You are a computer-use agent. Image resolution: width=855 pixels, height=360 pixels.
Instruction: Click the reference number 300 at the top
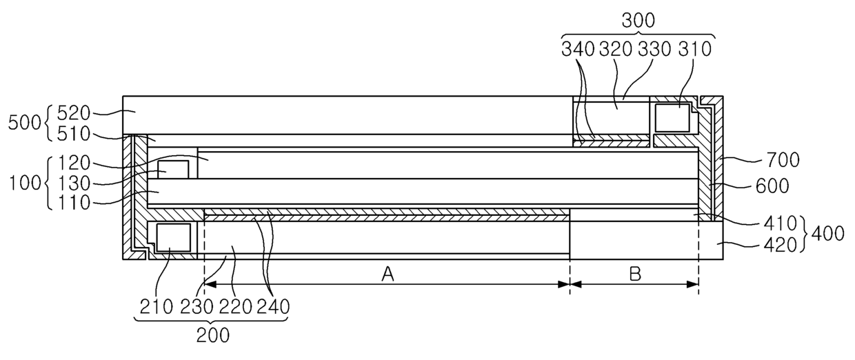click(x=638, y=21)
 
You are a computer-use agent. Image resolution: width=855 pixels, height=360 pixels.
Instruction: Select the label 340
click(x=578, y=49)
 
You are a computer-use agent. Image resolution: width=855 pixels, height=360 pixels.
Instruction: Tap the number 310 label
click(x=695, y=49)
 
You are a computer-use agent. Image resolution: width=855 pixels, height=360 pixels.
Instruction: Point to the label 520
click(x=74, y=113)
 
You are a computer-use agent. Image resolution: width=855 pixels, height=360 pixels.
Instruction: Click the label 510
click(x=74, y=134)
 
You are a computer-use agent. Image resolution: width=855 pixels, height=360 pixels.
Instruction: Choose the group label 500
click(x=24, y=123)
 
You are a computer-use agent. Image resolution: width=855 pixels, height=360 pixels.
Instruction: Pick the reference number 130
click(x=74, y=183)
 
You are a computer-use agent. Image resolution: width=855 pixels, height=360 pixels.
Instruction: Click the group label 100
click(x=24, y=183)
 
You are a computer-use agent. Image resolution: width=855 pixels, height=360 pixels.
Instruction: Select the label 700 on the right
click(x=783, y=160)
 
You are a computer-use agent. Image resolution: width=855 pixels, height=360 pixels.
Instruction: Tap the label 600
click(x=772, y=186)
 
